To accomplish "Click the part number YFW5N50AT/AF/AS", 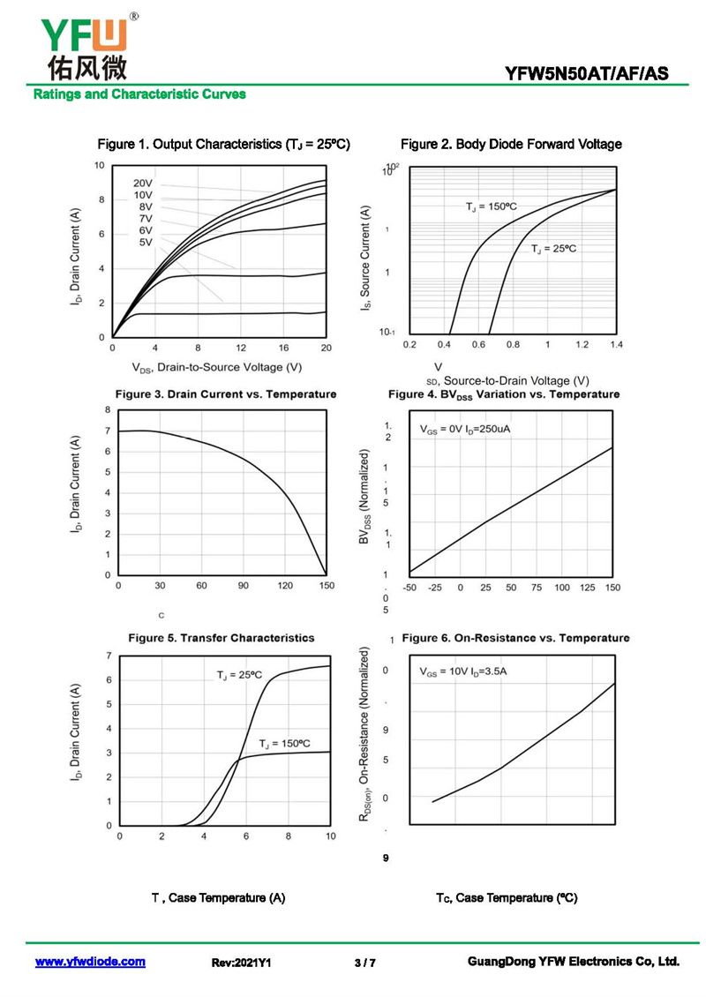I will pyautogui.click(x=586, y=74).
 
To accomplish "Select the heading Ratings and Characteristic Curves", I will pyautogui.click(x=139, y=94).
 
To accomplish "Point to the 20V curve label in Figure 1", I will pyautogui.click(x=143, y=184).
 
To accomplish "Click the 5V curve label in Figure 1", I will pyautogui.click(x=146, y=242).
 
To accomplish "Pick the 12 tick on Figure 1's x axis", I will pyautogui.click(x=241, y=349).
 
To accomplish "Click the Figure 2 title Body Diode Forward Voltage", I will pyautogui.click(x=511, y=144).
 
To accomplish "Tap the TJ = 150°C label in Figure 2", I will pyautogui.click(x=492, y=206).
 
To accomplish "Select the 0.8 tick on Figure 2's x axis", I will pyautogui.click(x=513, y=344).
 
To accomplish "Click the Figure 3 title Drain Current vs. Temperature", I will pyautogui.click(x=226, y=394).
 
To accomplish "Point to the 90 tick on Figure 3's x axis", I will pyautogui.click(x=243, y=585).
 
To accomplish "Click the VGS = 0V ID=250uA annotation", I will pyautogui.click(x=465, y=430).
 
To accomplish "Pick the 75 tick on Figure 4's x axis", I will pyautogui.click(x=537, y=587).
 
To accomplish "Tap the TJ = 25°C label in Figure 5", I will pyautogui.click(x=239, y=674).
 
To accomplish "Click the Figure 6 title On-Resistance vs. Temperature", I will pyautogui.click(x=515, y=637).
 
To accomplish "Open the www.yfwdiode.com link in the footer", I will pyautogui.click(x=90, y=962).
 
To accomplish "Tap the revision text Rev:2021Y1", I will pyautogui.click(x=241, y=963).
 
